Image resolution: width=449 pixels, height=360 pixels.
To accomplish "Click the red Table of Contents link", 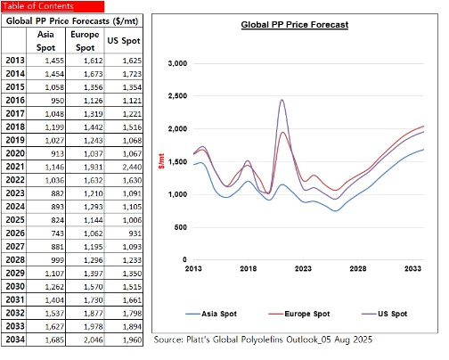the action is (38, 6).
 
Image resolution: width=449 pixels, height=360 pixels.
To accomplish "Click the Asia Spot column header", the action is (45, 41).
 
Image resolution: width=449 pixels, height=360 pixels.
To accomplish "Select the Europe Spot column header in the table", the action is (85, 41).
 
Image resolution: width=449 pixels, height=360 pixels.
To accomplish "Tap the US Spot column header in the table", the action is (124, 41).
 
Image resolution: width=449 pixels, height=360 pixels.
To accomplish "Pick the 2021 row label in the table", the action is (15, 167).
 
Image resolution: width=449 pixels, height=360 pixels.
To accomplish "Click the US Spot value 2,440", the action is (132, 167).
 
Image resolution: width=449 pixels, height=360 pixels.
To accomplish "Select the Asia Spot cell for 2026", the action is (57, 233).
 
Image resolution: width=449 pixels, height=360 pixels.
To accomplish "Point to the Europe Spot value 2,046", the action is (94, 340).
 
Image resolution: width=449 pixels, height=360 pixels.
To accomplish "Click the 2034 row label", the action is (15, 340).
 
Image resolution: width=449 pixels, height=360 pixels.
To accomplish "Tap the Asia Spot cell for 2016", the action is (57, 101).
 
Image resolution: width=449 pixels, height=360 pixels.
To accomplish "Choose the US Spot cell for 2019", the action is (132, 141).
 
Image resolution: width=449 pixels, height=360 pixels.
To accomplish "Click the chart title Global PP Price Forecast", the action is (295, 25).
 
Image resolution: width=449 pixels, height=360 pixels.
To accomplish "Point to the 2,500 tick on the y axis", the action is (177, 96).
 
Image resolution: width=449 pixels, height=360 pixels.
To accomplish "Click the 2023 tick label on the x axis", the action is (303, 269).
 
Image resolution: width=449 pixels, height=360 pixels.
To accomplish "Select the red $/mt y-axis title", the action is (161, 161).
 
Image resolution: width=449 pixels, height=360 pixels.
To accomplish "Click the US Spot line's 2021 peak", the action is (282, 100).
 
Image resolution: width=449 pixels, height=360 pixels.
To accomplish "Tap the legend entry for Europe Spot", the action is (299, 314).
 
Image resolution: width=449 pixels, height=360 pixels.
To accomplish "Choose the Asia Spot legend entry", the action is (211, 314).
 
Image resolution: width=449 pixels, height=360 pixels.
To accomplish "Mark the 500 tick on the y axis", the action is (181, 227).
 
